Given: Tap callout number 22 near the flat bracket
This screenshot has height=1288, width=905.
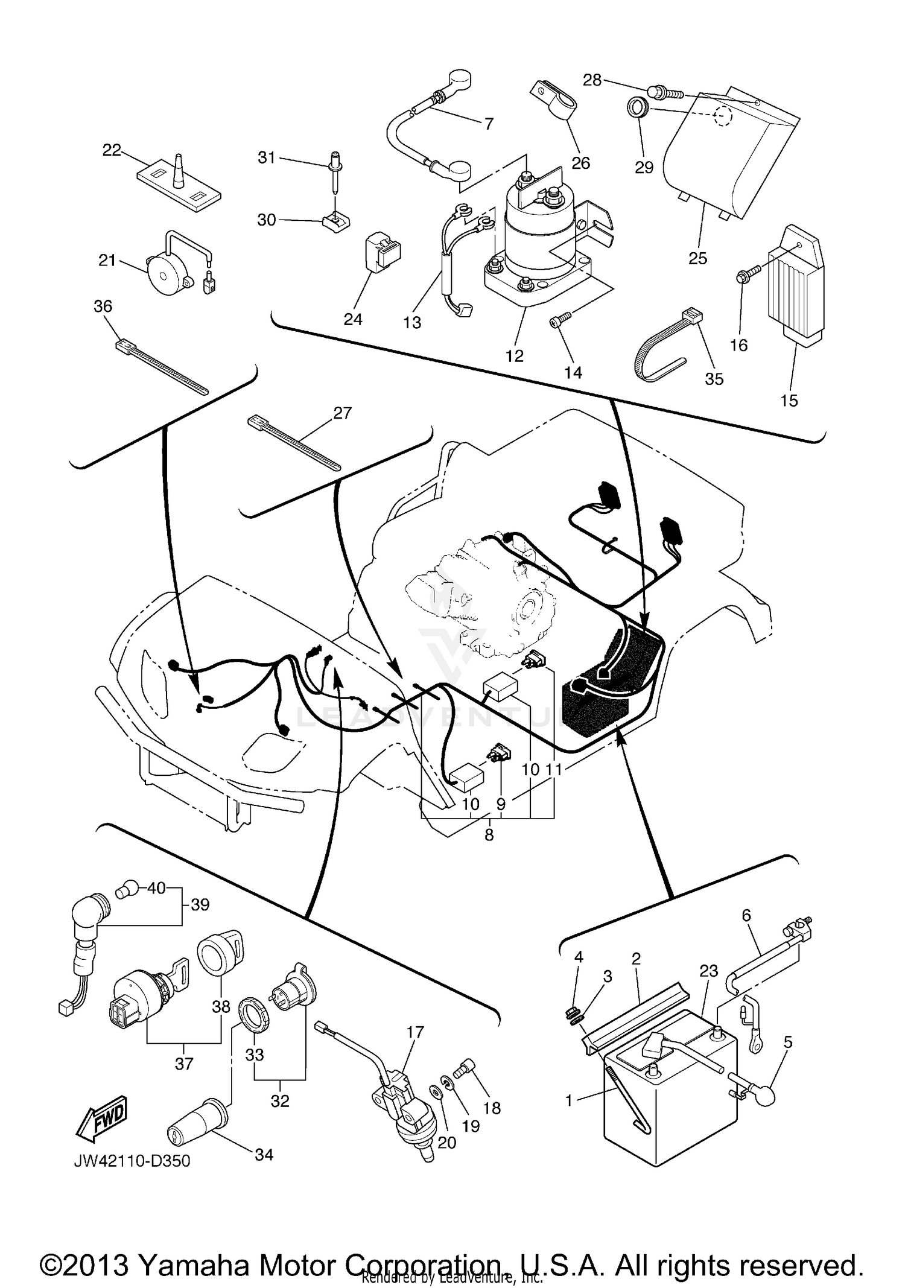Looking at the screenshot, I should (x=112, y=150).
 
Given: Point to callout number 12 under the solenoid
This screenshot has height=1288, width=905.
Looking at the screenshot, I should (x=514, y=356).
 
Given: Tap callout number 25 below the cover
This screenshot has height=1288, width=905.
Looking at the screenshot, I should (x=697, y=258).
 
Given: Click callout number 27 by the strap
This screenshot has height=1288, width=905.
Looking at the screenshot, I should (x=342, y=413).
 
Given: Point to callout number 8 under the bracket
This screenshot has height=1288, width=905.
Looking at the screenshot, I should (x=489, y=835).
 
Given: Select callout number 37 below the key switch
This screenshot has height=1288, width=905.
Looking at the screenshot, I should (x=184, y=1064).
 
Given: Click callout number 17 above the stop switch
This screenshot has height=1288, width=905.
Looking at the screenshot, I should (x=415, y=1032).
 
